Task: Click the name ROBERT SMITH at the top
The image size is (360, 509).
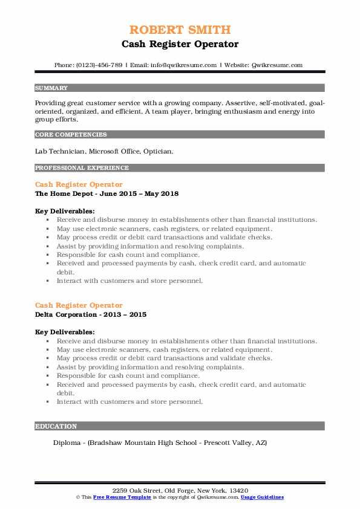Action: tap(180, 30)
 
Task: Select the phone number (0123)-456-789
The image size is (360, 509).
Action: tap(97, 65)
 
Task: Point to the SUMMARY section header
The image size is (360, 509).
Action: tap(51, 88)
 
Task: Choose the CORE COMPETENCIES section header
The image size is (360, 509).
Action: tap(71, 135)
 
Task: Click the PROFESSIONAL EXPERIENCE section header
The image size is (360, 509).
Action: tap(82, 167)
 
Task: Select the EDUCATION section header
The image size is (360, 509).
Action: tap(56, 426)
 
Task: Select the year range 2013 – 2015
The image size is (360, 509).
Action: tap(127, 314)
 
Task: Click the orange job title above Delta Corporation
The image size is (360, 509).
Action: tap(79, 305)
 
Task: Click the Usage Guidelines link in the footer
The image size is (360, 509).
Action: tap(261, 497)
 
